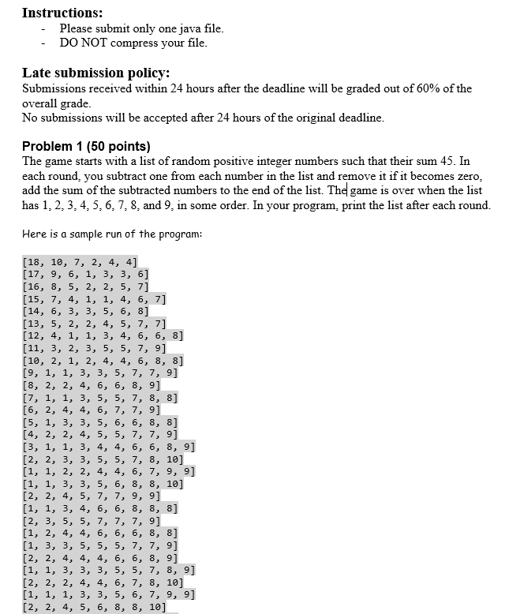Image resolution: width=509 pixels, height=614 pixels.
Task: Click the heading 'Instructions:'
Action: coord(62,13)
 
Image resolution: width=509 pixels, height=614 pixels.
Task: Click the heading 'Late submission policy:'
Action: coord(96,73)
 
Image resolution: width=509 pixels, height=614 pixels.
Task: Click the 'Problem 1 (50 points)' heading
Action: coord(86,147)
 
